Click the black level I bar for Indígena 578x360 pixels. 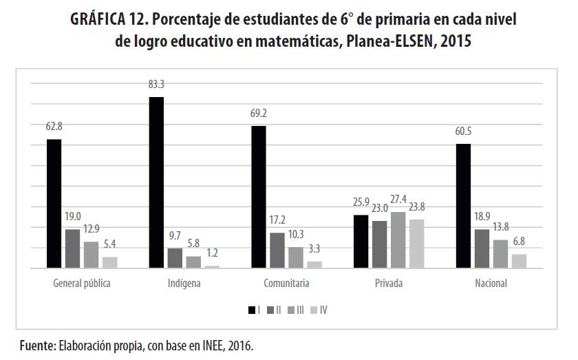(156, 182)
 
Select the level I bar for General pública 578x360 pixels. (54, 204)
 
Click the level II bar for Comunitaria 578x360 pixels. (276, 251)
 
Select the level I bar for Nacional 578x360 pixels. (482, 206)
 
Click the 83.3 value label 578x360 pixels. (156, 85)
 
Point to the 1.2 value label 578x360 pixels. (212, 253)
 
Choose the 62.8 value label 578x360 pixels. (54, 127)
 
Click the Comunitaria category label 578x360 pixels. (286, 284)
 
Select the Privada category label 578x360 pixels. (389, 284)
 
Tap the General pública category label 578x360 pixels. (81, 284)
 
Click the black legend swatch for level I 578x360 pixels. (252, 310)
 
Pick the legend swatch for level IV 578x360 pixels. (314, 310)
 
